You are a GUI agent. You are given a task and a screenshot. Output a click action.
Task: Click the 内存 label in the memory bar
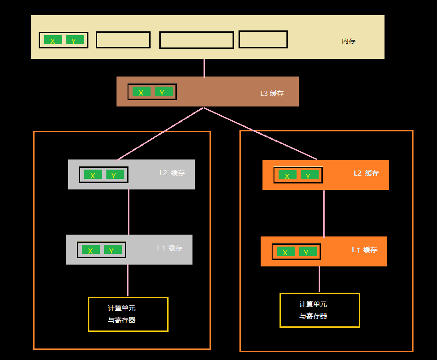[349, 41]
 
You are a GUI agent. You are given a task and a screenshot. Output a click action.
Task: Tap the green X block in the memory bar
[53, 40]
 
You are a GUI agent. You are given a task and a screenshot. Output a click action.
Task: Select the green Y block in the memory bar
[75, 40]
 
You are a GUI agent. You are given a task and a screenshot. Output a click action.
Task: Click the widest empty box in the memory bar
[197, 40]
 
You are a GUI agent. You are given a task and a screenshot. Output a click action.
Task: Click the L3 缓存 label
[272, 94]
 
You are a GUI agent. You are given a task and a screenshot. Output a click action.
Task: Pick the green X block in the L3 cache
[141, 92]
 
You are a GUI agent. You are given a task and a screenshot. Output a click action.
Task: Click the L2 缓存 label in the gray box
[172, 173]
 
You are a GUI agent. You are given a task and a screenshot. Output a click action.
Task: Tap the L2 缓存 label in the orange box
[366, 173]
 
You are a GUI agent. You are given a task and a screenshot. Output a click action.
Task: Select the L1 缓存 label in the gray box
[169, 248]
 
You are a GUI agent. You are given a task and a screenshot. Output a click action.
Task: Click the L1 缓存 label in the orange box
[364, 250]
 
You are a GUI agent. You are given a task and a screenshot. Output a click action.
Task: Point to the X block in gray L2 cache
[93, 175]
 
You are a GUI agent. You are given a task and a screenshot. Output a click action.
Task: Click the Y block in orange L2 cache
[309, 175]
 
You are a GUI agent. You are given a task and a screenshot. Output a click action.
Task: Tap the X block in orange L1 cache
[286, 252]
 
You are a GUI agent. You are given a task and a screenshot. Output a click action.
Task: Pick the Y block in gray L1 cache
[113, 250]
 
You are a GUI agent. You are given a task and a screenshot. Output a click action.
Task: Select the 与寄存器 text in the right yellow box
[313, 316]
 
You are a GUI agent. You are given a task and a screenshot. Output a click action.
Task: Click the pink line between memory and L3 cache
[204, 68]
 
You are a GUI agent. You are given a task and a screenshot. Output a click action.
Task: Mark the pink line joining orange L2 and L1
[324, 213]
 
